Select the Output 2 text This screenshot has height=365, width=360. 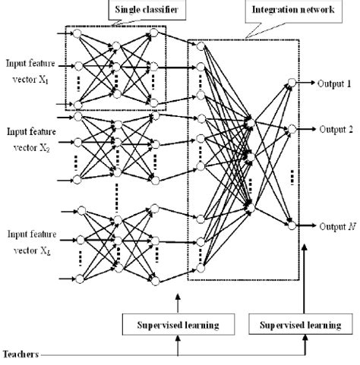point(332,130)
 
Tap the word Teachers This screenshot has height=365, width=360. point(22,354)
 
